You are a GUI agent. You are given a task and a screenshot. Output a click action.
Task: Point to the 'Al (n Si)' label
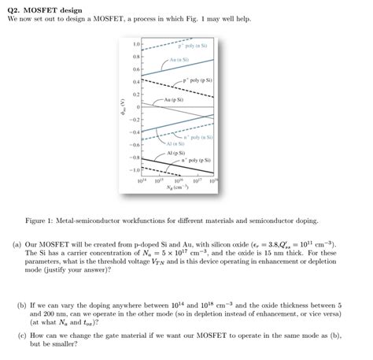pos(174,144)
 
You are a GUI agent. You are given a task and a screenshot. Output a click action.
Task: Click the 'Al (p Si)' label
pos(175,153)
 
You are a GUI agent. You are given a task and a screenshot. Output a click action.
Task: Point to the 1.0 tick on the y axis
pos(135,44)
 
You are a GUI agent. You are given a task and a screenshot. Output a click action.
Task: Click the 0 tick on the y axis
pos(138,106)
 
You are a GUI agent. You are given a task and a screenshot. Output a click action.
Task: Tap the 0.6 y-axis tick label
pos(135,69)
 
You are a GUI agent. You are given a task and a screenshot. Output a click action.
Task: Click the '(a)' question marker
pos(17,245)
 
